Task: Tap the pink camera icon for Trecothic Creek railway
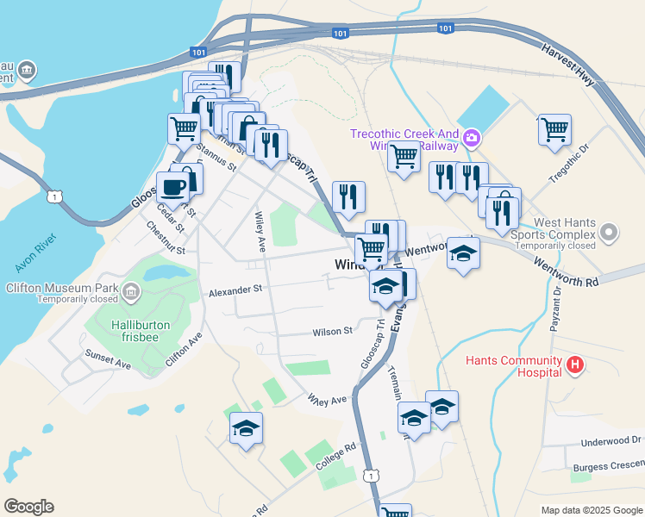[x=471, y=137]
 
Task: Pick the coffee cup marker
[x=172, y=189]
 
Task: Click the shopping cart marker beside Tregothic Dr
[x=554, y=130]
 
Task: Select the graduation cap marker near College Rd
[x=246, y=429]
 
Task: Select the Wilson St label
[x=333, y=331]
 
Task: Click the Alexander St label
[x=235, y=292]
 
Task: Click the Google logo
[x=28, y=507]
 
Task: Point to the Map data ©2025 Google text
[x=592, y=510]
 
